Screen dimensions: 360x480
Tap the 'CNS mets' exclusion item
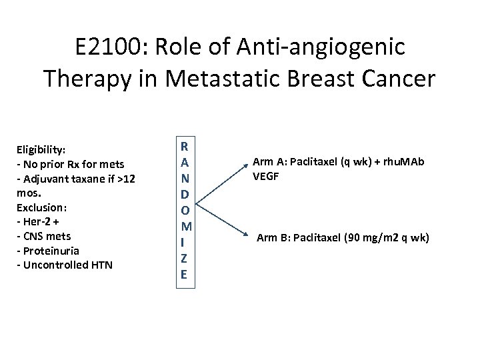click(44, 236)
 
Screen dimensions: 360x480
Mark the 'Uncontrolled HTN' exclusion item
click(65, 265)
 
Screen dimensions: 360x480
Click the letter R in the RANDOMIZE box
click(185, 147)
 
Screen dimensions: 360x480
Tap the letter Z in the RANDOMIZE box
click(185, 259)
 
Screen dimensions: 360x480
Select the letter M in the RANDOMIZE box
click(185, 227)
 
